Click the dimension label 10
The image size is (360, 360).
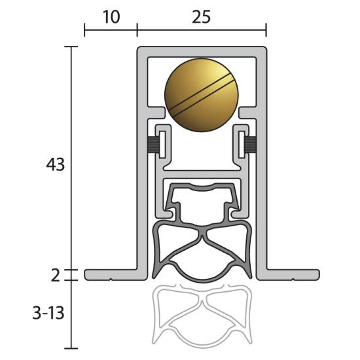tap(111, 17)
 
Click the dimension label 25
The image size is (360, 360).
tap(201, 17)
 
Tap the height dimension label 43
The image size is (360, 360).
tap(56, 164)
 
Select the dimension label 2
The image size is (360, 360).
tap(56, 276)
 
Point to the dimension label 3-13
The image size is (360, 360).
tap(48, 313)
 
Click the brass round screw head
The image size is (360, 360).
tap(202, 95)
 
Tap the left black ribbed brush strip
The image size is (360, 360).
tap(153, 145)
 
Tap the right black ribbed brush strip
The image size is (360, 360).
tap(250, 145)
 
